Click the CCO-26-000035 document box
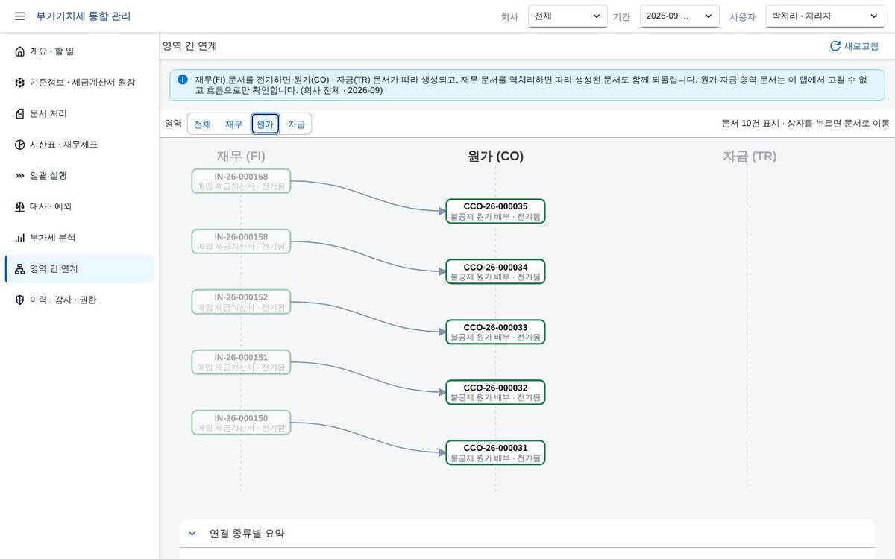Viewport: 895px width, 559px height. pyautogui.click(x=495, y=211)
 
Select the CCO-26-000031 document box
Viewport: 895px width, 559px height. pyautogui.click(x=495, y=453)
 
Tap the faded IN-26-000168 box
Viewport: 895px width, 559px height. pyautogui.click(x=241, y=181)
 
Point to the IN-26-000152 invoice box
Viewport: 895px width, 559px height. pyautogui.click(x=241, y=302)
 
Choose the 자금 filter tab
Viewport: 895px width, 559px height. pyautogui.click(x=297, y=124)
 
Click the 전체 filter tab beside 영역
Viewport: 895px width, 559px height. pyautogui.click(x=202, y=124)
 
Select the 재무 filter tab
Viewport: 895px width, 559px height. pyautogui.click(x=233, y=124)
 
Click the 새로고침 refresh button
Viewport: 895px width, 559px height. pyautogui.click(x=854, y=46)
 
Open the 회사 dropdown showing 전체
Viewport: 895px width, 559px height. pyautogui.click(x=568, y=16)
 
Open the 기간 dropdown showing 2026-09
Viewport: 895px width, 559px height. pyautogui.click(x=679, y=16)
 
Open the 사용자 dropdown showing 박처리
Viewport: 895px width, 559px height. pyautogui.click(x=825, y=16)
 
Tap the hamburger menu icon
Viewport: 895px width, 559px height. pyautogui.click(x=19, y=16)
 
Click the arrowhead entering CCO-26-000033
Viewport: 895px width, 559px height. pyautogui.click(x=442, y=332)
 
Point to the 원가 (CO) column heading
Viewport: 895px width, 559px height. pyautogui.click(x=495, y=156)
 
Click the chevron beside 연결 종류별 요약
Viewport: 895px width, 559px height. pyautogui.click(x=192, y=534)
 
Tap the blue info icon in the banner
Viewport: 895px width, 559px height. pyautogui.click(x=183, y=80)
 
